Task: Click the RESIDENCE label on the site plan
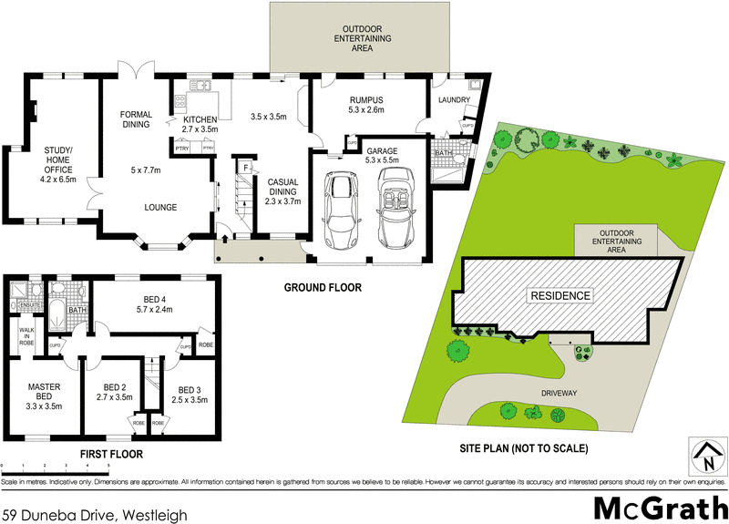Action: [561, 295]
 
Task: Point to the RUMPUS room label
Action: [364, 105]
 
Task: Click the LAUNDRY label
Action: [453, 99]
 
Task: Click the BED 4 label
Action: [154, 303]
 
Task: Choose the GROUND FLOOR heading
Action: [322, 287]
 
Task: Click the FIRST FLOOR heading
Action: [110, 453]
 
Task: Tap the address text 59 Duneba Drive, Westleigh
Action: [95, 515]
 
